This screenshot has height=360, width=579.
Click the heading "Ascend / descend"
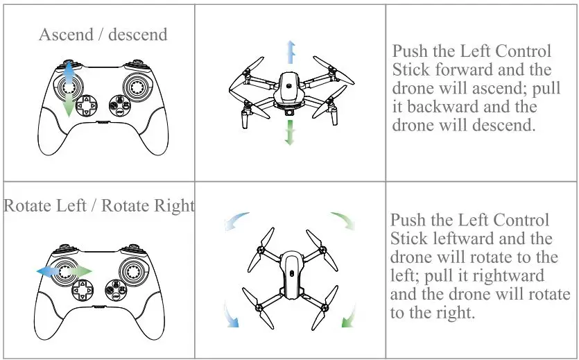tap(103, 35)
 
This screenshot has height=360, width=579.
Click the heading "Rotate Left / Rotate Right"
tap(99, 205)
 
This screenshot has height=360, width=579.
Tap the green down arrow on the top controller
tap(69, 105)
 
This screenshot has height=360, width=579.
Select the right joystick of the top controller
tap(137, 87)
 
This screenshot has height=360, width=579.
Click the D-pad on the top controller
tap(87, 106)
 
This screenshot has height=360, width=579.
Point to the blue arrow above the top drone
tap(291, 52)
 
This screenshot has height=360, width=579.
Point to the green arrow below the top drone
tap(291, 132)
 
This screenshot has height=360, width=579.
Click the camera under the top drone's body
tap(290, 112)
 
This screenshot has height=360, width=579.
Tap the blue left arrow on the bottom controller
tap(48, 271)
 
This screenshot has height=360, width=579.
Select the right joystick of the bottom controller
tap(133, 272)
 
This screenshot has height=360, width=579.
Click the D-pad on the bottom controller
tap(83, 290)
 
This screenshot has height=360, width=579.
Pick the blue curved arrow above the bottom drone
tap(235, 220)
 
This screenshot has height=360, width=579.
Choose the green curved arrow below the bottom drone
tap(349, 316)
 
